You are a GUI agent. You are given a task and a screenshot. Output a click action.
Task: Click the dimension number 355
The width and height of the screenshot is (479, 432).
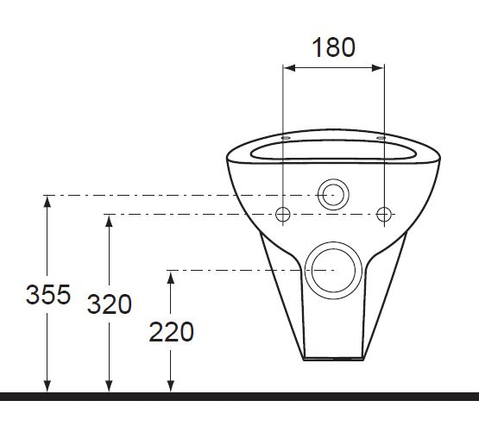click(47, 295)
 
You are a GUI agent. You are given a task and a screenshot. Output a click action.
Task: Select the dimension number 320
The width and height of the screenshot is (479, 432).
click(109, 304)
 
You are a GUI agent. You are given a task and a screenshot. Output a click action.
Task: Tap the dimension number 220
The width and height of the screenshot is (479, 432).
click(171, 330)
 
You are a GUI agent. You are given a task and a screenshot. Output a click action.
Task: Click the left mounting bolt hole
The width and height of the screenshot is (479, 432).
click(282, 214)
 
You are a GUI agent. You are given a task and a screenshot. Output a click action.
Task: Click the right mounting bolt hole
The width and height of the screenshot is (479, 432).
click(384, 214)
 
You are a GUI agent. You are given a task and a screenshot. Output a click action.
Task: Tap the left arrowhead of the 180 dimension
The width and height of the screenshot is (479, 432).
click(288, 67)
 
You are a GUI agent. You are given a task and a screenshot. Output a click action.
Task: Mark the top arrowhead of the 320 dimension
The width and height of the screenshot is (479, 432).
click(109, 220)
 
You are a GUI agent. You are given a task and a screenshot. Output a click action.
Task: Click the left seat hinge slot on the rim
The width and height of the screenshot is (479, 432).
click(285, 137)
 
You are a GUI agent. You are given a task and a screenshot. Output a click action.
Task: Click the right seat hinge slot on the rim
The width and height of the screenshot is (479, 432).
click(381, 137)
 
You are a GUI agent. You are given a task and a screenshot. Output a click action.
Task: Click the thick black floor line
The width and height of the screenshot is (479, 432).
click(239, 397)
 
